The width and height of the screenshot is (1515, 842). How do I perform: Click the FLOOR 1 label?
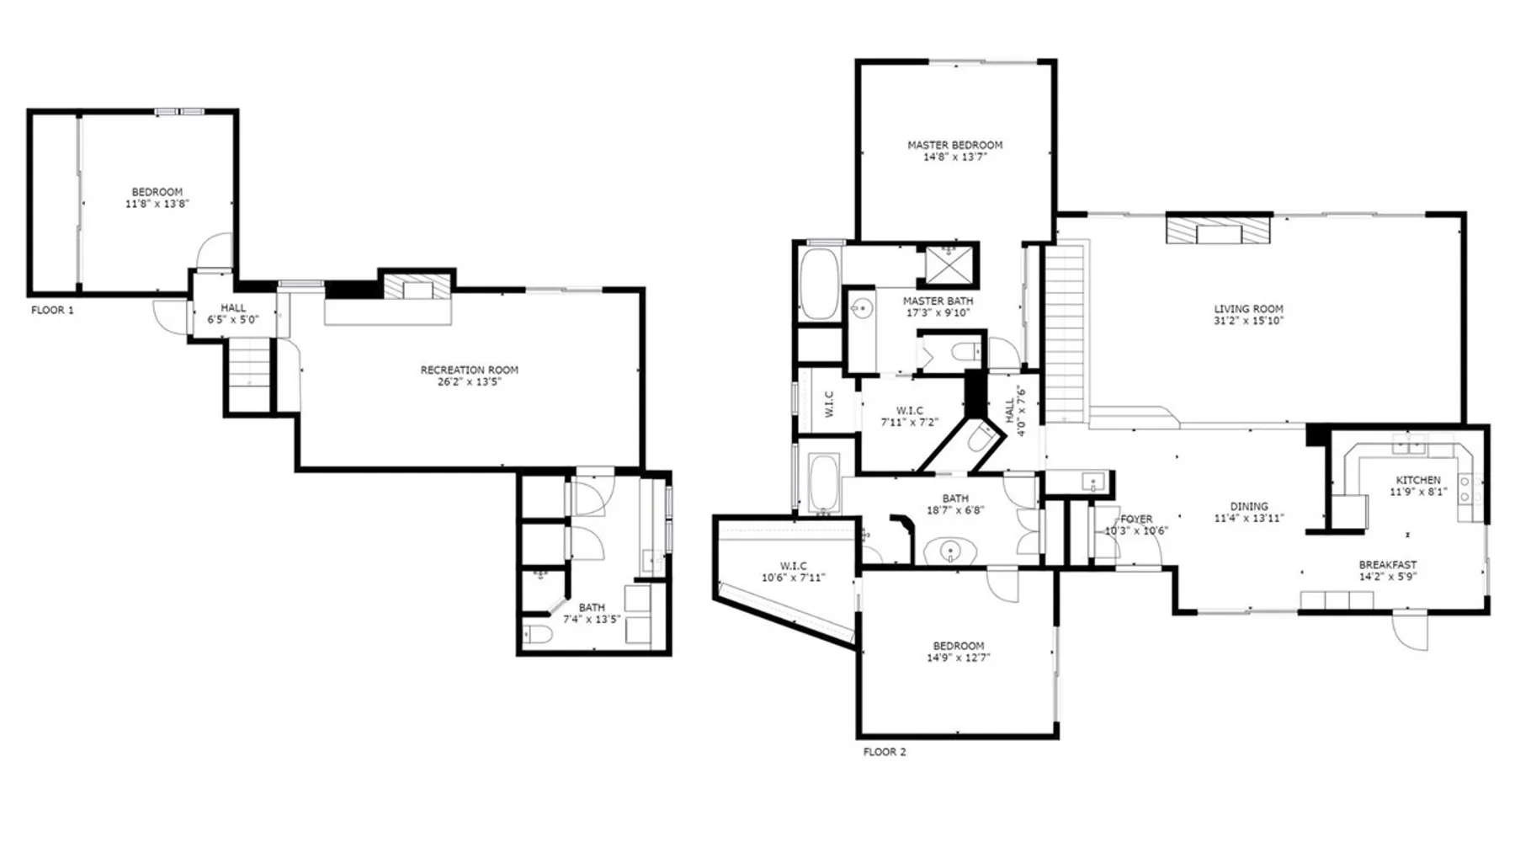tap(52, 310)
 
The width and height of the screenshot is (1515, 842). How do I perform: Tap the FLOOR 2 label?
tap(885, 752)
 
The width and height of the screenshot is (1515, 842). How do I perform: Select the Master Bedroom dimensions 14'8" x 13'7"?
tap(954, 157)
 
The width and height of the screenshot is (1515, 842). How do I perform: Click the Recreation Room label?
tap(470, 370)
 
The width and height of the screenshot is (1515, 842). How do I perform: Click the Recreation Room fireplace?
tap(417, 286)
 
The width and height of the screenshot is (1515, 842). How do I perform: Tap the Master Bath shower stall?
tap(949, 263)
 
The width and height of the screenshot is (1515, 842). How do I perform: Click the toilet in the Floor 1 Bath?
tap(537, 634)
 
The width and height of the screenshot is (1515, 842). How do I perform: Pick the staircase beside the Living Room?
tap(1066, 333)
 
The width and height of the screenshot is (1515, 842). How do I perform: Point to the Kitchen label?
tap(1418, 480)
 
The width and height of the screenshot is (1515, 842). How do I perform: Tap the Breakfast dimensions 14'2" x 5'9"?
tap(1387, 577)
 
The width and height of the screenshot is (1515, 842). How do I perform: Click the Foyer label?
tap(1136, 519)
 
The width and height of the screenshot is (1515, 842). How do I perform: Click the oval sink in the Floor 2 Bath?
tap(950, 552)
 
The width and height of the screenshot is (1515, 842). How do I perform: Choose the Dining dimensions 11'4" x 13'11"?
tap(1248, 518)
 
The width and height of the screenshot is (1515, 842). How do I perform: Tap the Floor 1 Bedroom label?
tap(157, 192)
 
